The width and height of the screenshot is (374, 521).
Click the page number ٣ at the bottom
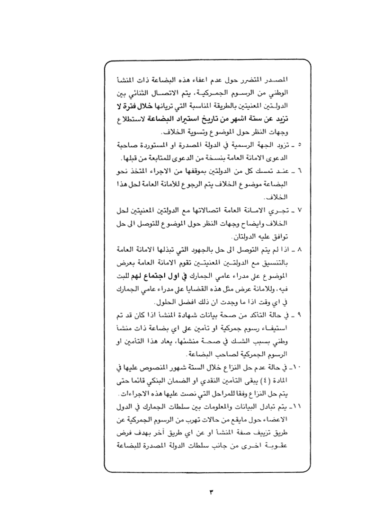(211, 493)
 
